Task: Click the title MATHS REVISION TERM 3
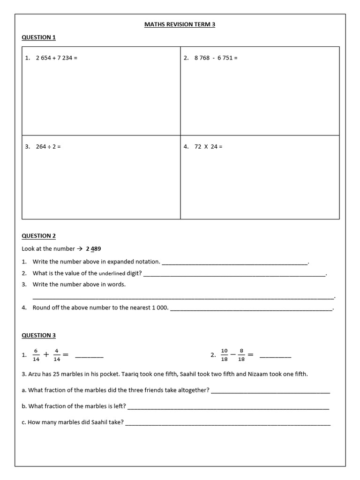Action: (x=180, y=24)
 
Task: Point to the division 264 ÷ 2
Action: (x=48, y=147)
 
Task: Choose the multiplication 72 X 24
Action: (x=208, y=147)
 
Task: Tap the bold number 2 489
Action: (x=93, y=249)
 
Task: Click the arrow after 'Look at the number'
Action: (x=80, y=249)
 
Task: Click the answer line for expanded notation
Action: (x=234, y=263)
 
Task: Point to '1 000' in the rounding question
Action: (x=160, y=308)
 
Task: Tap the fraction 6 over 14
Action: (x=36, y=355)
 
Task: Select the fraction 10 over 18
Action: (x=224, y=355)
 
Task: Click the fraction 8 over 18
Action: (x=241, y=355)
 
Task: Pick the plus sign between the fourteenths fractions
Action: (x=46, y=355)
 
